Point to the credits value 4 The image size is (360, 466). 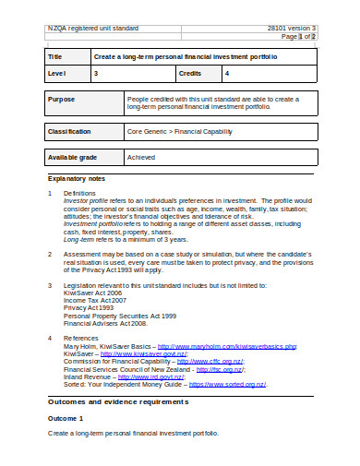[x=227, y=72]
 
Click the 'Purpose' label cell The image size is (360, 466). [x=62, y=98]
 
